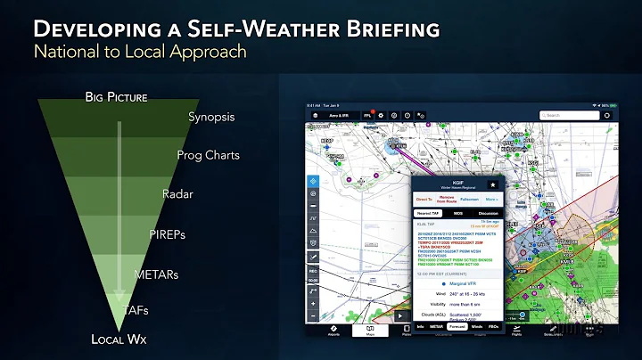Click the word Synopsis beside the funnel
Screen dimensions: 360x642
[x=212, y=117]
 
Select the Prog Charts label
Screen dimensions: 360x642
[x=209, y=155]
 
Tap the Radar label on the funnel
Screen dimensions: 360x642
[x=178, y=193]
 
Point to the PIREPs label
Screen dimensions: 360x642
[x=167, y=233]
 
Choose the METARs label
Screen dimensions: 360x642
[x=155, y=274]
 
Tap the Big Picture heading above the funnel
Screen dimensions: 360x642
[x=116, y=96]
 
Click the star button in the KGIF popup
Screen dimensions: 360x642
[x=492, y=183]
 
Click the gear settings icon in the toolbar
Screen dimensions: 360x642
[x=381, y=115]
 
